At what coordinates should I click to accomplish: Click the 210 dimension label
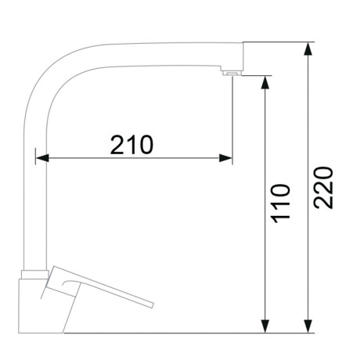point(131,145)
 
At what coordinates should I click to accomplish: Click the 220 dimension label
point(323,187)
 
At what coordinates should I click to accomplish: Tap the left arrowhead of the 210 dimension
point(42,158)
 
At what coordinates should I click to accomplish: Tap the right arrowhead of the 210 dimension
point(225,158)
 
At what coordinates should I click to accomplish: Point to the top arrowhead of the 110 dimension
point(265,83)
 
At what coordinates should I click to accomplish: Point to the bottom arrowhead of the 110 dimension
point(265,326)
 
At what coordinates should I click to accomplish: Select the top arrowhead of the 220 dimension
point(308,49)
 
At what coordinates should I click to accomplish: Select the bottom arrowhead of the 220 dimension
point(308,326)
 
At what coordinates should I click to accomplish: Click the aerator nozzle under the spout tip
point(232,74)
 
